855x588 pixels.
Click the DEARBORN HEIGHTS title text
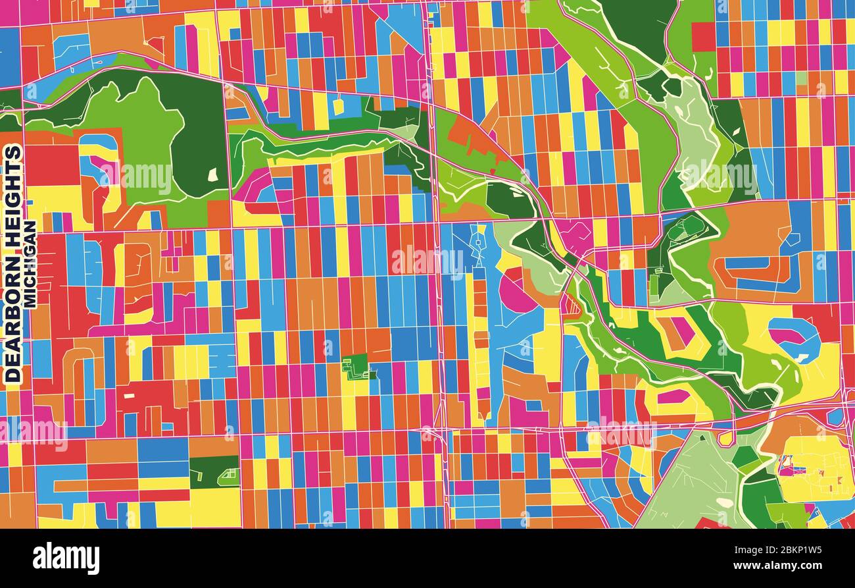click(x=13, y=263)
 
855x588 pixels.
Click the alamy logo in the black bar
click(x=66, y=558)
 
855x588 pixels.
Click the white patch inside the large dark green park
click(x=212, y=174)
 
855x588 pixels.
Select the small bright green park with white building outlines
click(x=356, y=366)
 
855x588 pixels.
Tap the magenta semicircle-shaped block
click(x=514, y=294)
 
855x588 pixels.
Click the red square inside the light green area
click(x=702, y=37)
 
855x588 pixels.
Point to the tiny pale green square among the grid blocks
click(x=800, y=78)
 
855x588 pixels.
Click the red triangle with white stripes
click(x=570, y=305)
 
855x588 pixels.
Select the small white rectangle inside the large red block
click(x=129, y=396)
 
